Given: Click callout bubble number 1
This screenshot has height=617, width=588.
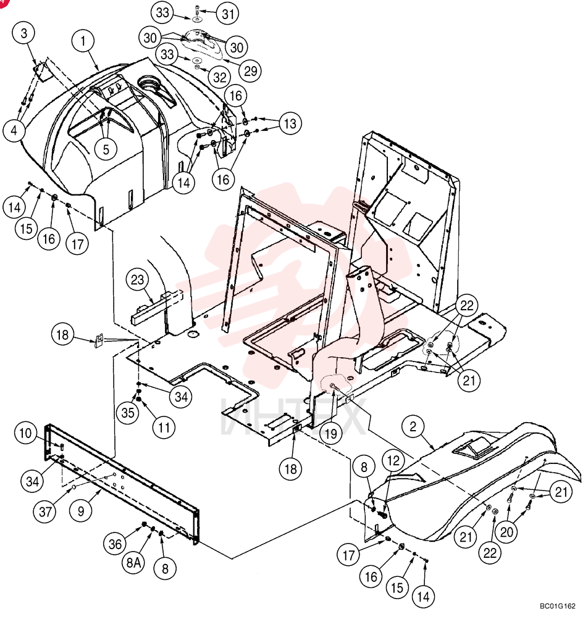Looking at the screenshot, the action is point(83,41).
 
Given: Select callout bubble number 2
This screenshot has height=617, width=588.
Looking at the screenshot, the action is point(413,426).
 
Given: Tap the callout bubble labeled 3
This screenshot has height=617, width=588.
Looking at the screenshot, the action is point(24,33).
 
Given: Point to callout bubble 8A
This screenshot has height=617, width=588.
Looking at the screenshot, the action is point(133,563).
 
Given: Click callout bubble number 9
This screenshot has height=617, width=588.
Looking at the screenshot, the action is point(81,511).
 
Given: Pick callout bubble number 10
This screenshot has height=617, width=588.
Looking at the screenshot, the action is point(25,433).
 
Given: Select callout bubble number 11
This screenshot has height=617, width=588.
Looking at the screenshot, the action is point(164,428).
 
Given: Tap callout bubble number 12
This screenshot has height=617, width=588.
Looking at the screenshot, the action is point(393,460).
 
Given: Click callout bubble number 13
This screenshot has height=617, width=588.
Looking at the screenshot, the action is point(290,123).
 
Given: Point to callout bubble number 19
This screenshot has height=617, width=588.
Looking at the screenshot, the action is point(331,433).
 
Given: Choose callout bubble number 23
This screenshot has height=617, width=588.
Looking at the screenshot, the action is point(138,280).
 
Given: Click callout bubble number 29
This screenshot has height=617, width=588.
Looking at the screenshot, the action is point(251,71).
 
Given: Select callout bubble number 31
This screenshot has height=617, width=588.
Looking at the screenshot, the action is point(229,14).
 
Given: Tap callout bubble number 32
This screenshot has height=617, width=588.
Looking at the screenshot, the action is point(220,78).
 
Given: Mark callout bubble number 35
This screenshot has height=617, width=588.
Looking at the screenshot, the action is point(128,412).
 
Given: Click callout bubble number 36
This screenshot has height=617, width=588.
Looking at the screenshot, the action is point(115,544).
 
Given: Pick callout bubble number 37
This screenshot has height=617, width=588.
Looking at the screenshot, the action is point(45,511).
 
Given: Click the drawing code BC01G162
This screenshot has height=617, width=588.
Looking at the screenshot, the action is point(557,606).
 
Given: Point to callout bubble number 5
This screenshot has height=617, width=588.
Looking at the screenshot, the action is point(106,149).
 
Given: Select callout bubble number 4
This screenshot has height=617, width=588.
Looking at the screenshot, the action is point(14,130).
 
